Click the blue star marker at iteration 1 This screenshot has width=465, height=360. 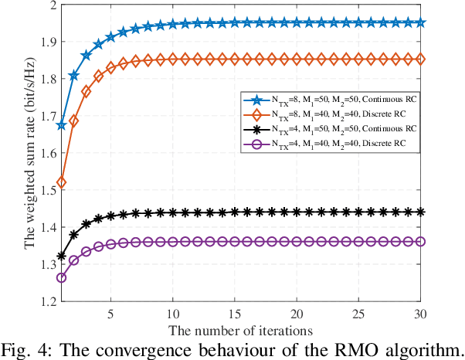tap(62, 124)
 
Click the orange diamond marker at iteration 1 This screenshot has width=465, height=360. tap(62, 182)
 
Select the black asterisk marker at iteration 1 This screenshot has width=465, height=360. tap(62, 256)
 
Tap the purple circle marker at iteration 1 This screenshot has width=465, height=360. tap(62, 277)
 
